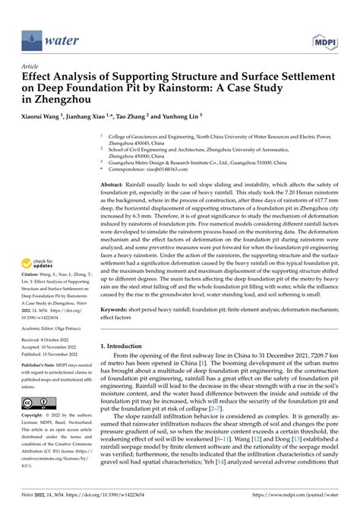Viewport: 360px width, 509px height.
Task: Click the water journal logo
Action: (46, 36)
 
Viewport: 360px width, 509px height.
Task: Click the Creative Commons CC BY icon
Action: (34, 403)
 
